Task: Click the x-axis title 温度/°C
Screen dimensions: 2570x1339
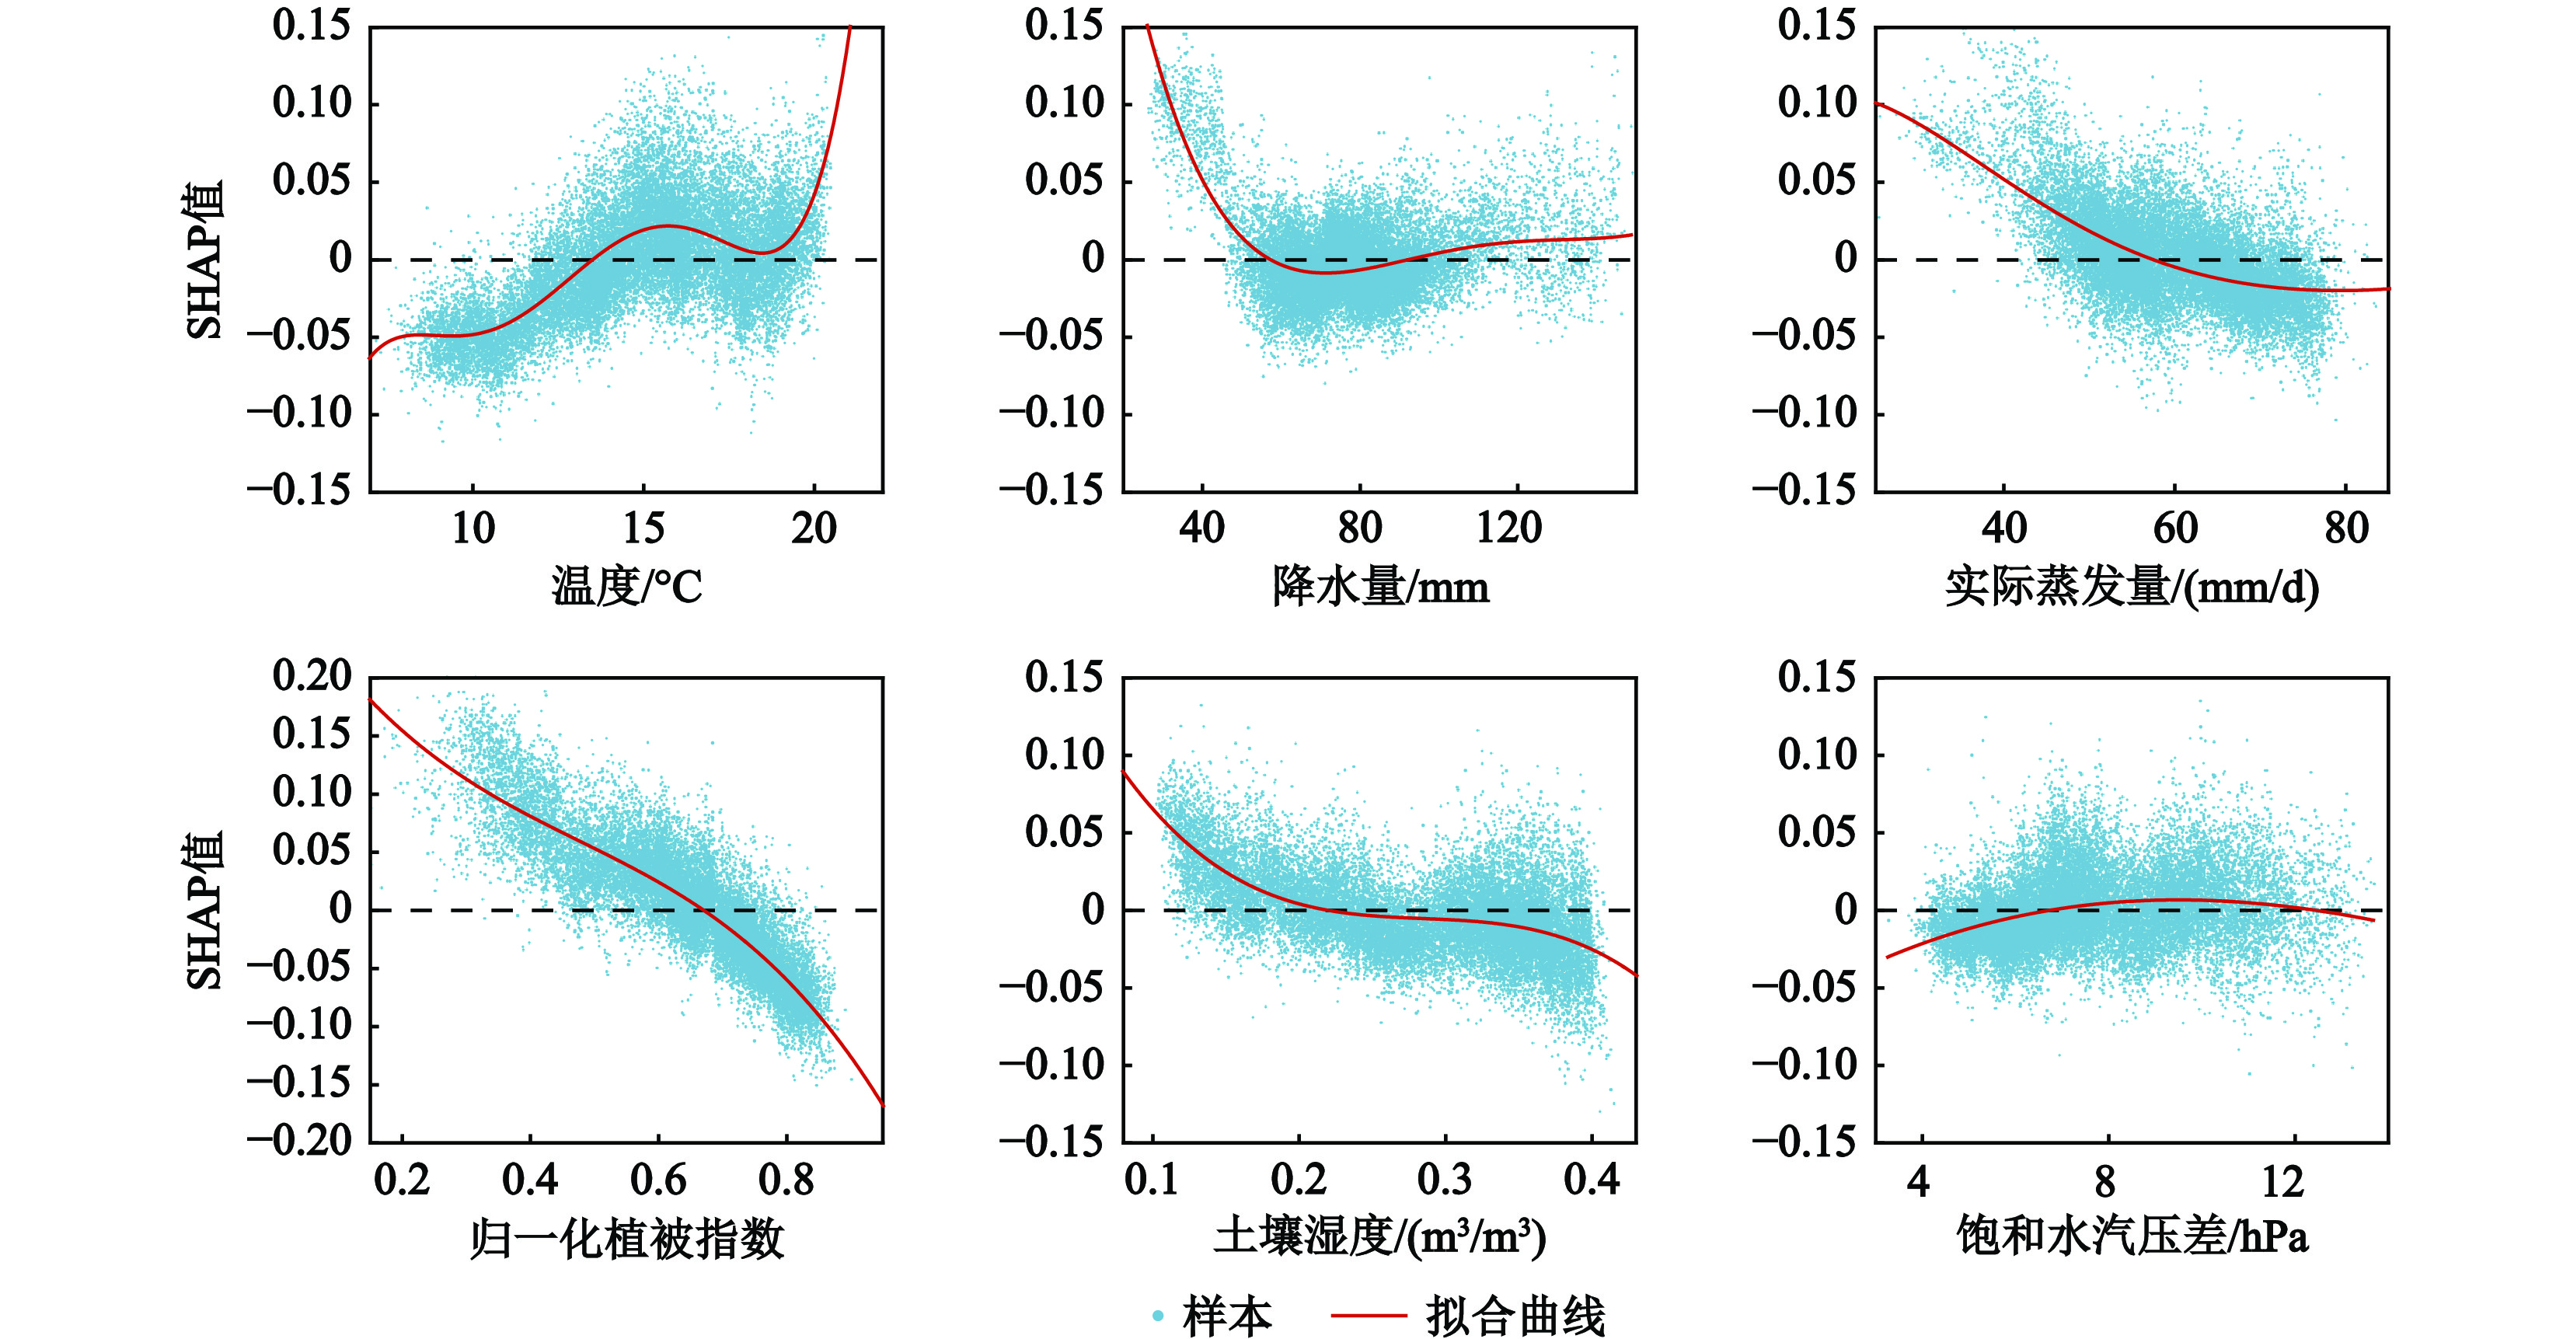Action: pyautogui.click(x=626, y=586)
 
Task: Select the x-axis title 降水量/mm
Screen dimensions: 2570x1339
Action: pyautogui.click(x=1379, y=586)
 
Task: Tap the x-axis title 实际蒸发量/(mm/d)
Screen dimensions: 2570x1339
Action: pyautogui.click(x=2132, y=586)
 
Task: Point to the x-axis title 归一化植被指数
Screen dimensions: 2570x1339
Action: pyautogui.click(x=626, y=1238)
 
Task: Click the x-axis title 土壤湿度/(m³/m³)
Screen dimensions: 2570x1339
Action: pyautogui.click(x=1379, y=1238)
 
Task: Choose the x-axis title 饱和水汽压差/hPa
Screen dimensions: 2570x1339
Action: pyautogui.click(x=2132, y=1238)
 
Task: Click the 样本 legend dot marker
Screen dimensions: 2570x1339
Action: pyautogui.click(x=1157, y=1316)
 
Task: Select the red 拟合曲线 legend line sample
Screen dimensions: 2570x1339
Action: pyautogui.click(x=1369, y=1316)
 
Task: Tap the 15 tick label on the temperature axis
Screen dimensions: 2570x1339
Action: pyautogui.click(x=643, y=528)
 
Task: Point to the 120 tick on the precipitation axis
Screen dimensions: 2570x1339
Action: pyautogui.click(x=1508, y=528)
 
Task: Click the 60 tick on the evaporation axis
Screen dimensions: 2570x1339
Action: pyautogui.click(x=2175, y=528)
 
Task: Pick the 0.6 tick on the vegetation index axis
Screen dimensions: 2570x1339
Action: pyautogui.click(x=658, y=1180)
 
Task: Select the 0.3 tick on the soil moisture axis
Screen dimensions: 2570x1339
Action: pyautogui.click(x=1445, y=1180)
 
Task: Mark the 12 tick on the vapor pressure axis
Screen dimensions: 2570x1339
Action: pyautogui.click(x=2282, y=1182)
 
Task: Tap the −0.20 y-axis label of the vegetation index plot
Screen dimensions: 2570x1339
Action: pyautogui.click(x=299, y=1141)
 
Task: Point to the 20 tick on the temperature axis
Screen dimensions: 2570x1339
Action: pyautogui.click(x=814, y=528)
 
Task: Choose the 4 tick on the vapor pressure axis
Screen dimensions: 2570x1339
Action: pyautogui.click(x=1919, y=1182)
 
